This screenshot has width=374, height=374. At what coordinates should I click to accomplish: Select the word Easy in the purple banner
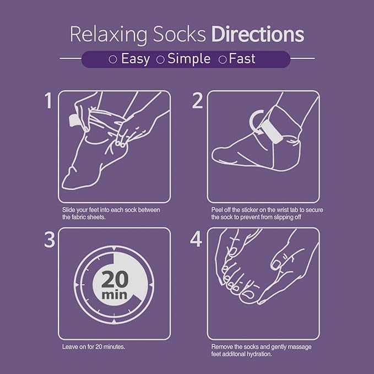click(135, 59)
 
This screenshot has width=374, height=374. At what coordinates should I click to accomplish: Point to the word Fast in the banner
click(243, 59)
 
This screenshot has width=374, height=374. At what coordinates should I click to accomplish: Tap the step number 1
click(49, 102)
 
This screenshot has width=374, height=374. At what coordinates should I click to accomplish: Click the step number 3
click(48, 241)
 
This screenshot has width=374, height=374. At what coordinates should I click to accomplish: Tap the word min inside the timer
click(115, 295)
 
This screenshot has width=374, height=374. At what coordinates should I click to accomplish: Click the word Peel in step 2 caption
click(217, 210)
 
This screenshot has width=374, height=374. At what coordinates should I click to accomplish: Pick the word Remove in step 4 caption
click(221, 348)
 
